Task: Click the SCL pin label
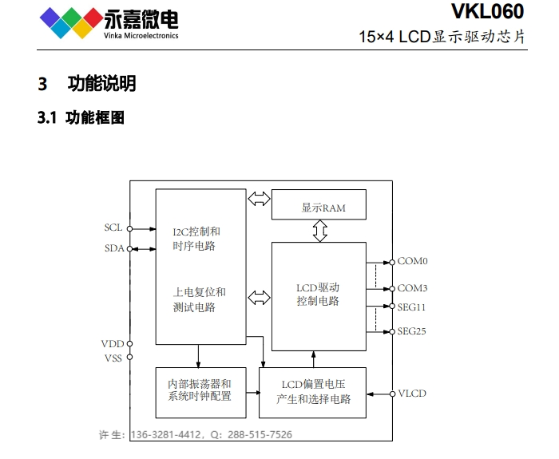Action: click(113, 228)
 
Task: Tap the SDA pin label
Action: click(114, 248)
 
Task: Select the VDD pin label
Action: click(113, 344)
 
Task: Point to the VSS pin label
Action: click(113, 358)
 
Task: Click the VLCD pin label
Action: click(412, 394)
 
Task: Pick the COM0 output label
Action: click(413, 261)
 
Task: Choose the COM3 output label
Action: click(413, 288)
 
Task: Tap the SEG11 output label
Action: click(411, 307)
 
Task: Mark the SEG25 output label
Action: click(412, 331)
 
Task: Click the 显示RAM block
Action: click(319, 204)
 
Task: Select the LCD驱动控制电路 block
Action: click(319, 296)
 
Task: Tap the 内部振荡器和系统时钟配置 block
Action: click(200, 393)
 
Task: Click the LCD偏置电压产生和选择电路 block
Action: click(312, 393)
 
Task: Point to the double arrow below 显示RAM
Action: click(319, 231)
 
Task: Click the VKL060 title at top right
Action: click(487, 11)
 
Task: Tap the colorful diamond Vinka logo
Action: click(71, 22)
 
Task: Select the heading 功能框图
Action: click(95, 117)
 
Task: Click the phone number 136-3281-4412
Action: click(166, 435)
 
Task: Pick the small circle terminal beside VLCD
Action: click(392, 394)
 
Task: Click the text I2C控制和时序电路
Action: click(196, 239)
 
